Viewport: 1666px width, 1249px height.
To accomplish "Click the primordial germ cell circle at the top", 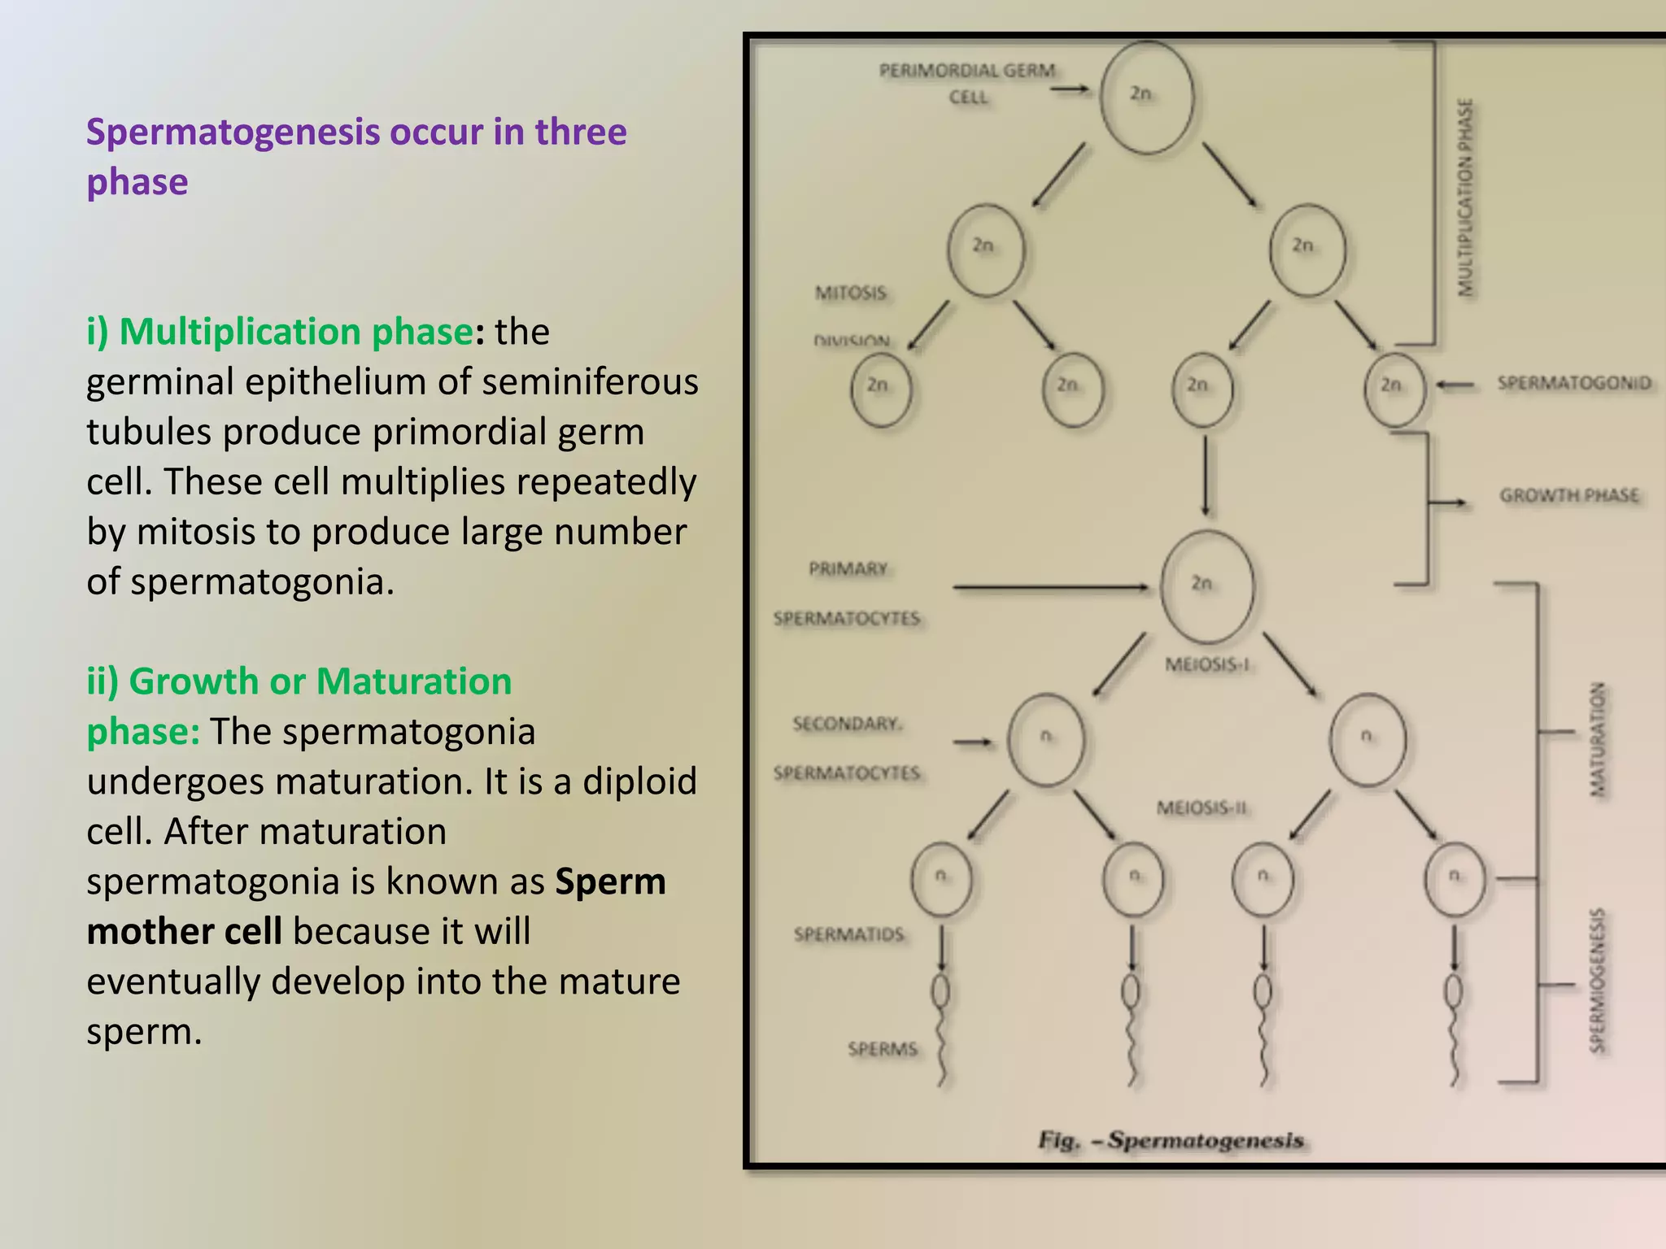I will [1147, 98].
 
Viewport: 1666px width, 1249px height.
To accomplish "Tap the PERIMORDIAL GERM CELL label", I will [966, 82].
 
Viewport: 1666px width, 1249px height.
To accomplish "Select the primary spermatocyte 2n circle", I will [1207, 585].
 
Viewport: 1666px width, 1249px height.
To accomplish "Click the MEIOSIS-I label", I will [1206, 665].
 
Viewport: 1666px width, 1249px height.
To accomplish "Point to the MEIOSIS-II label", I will [1202, 808].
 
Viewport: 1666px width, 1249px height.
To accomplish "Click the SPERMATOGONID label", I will [1574, 383].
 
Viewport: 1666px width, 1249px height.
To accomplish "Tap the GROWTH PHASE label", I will [1568, 495].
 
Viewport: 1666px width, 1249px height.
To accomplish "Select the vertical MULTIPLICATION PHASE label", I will [1465, 198].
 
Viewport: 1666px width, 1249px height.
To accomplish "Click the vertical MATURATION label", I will [1598, 738].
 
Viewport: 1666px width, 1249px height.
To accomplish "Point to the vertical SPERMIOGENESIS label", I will [1598, 980].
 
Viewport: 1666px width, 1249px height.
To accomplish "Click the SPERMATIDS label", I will [848, 934].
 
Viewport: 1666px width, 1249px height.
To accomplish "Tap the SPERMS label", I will [883, 1049].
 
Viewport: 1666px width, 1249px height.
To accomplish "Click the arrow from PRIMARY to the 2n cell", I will [1049, 586].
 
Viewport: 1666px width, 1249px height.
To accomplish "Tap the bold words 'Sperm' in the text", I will [610, 881].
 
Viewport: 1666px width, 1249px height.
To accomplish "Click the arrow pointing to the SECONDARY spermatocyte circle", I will [973, 742].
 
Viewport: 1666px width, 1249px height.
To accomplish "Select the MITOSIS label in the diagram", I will [850, 293].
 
